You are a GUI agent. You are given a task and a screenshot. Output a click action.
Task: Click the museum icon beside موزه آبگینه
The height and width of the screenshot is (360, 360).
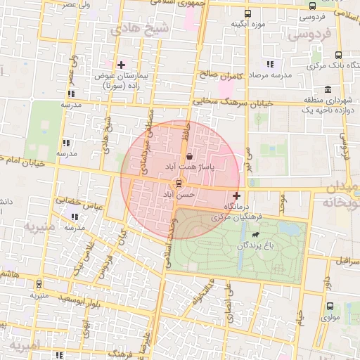(x=246, y=13)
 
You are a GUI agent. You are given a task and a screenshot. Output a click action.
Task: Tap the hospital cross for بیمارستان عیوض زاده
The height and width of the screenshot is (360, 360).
(x=121, y=65)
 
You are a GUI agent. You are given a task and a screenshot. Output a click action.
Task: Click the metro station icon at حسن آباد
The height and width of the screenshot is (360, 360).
(x=178, y=183)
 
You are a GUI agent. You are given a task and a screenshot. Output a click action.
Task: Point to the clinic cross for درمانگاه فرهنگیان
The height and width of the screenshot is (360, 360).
(x=236, y=195)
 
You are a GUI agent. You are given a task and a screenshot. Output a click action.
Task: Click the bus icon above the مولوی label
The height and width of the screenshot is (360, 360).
(x=330, y=307)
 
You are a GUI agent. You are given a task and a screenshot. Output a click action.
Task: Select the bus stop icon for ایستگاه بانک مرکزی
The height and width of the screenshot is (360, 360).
(x=339, y=56)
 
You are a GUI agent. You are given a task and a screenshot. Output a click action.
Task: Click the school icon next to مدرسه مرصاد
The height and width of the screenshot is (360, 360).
(x=271, y=65)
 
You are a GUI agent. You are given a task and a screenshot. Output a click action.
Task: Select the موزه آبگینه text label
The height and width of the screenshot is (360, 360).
(x=247, y=25)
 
